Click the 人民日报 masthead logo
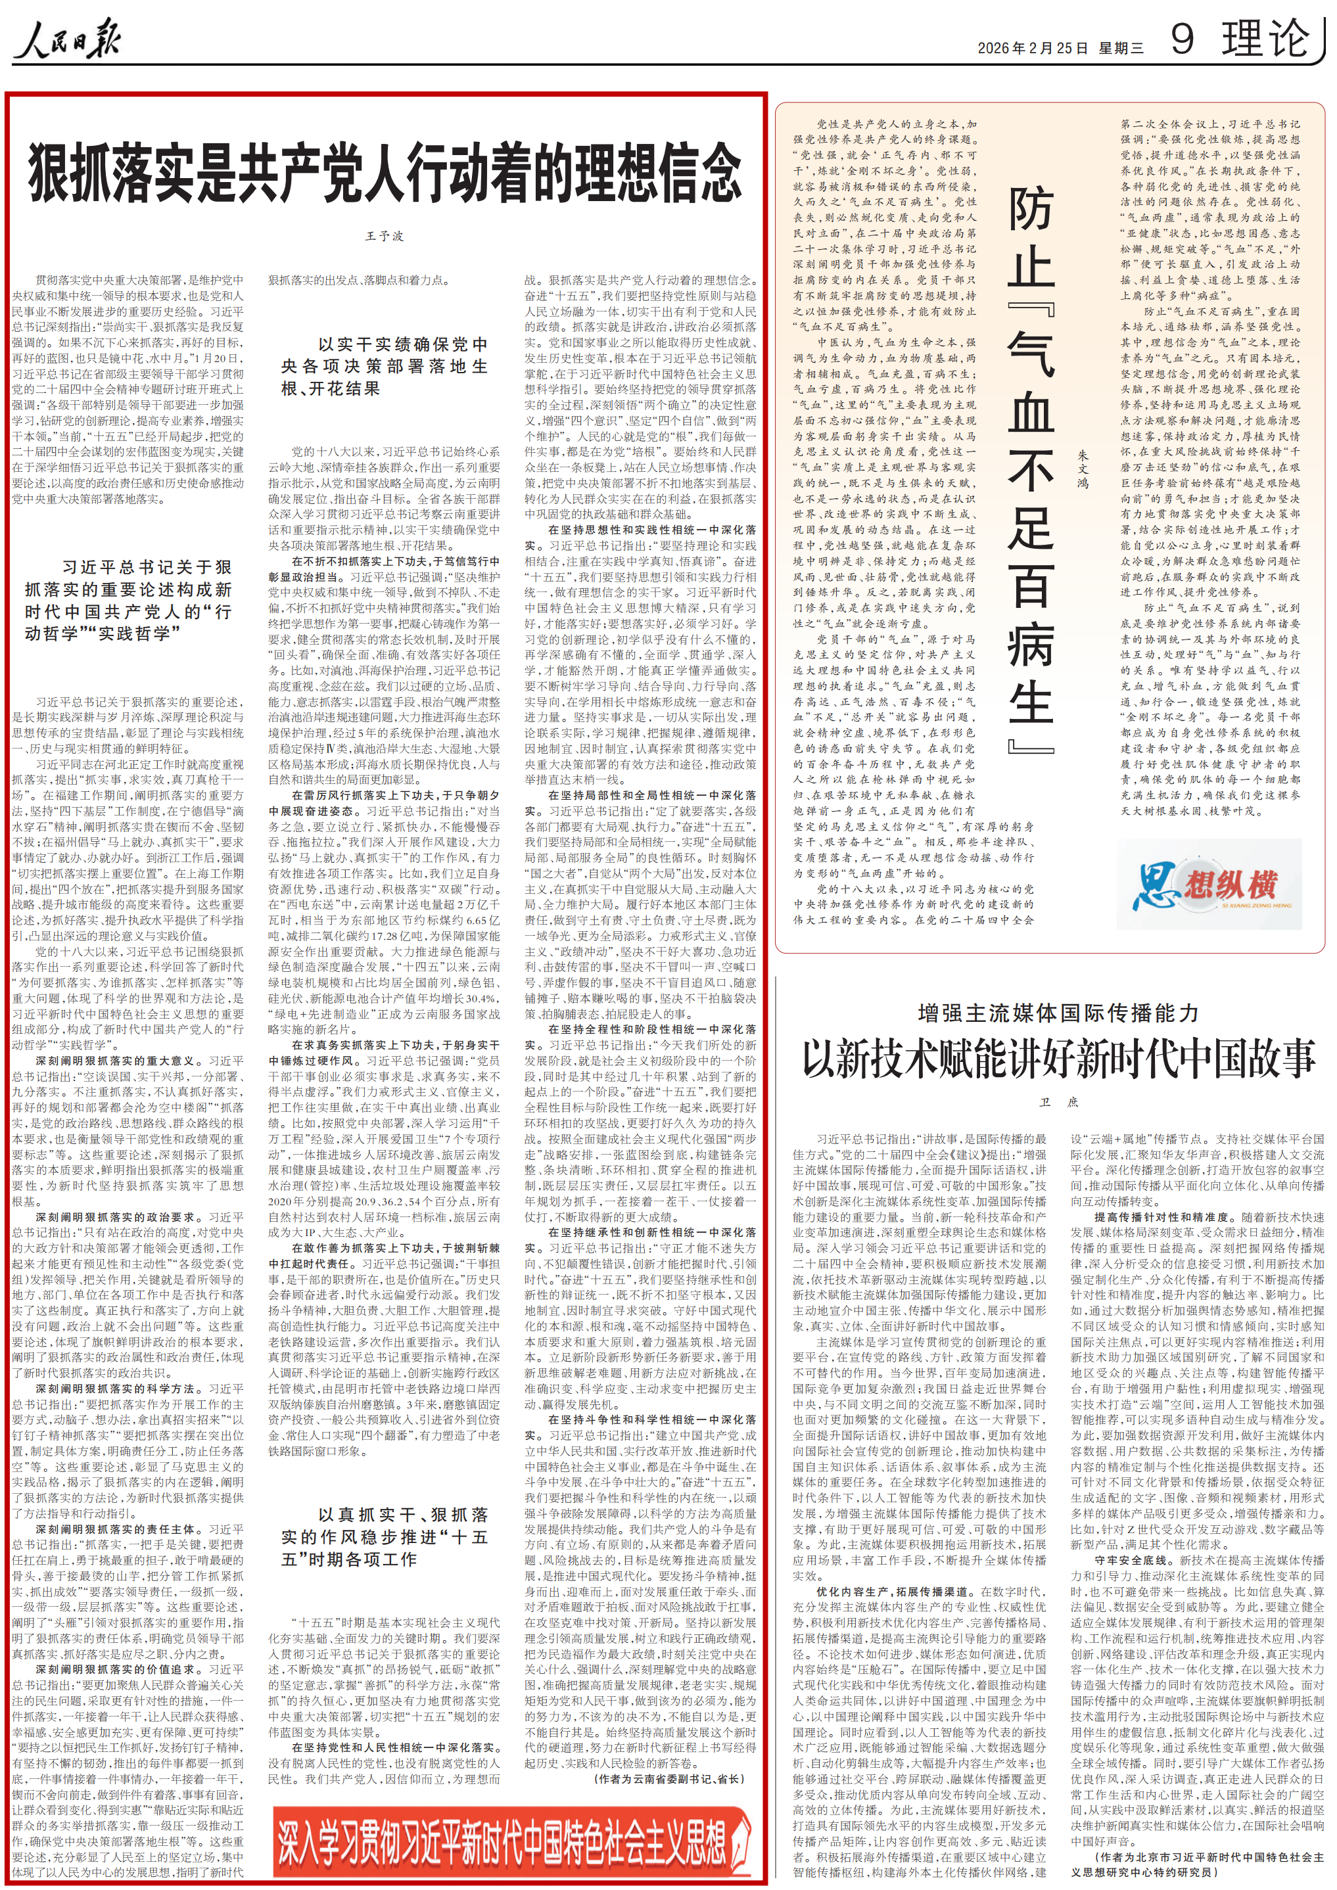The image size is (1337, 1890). [68, 39]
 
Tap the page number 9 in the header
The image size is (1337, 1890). [1183, 39]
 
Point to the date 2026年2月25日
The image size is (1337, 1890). [1033, 49]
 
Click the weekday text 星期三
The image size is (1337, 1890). [1121, 49]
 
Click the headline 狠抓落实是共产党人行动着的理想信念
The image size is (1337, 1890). [385, 172]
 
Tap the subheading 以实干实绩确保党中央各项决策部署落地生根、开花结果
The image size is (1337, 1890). [385, 366]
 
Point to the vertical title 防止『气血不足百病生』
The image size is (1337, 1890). [1031, 469]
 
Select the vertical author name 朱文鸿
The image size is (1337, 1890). [1083, 469]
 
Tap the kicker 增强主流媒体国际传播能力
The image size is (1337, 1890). [1058, 1013]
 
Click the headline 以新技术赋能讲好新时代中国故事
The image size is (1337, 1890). [1058, 1059]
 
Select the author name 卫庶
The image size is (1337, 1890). [1058, 1102]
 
